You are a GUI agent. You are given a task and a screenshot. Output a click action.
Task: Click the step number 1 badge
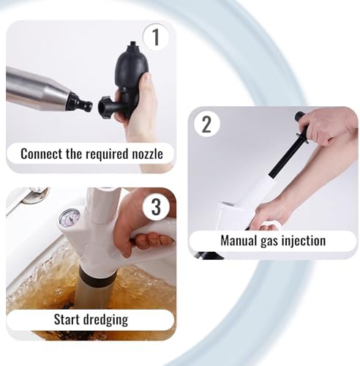click(x=156, y=37)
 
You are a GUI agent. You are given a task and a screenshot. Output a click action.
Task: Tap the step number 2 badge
click(x=207, y=124)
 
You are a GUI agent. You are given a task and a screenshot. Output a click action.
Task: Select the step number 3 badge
click(x=156, y=207)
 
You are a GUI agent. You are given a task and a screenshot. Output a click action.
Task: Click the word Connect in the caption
click(x=41, y=154)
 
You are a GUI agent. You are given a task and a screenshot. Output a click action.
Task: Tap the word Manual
click(x=239, y=240)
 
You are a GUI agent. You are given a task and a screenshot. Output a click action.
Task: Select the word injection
click(x=304, y=241)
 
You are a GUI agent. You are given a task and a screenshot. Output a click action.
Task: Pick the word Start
click(x=67, y=319)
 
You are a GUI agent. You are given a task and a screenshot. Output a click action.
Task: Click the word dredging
click(x=105, y=320)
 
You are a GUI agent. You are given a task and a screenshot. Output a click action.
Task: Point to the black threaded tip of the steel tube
click(x=80, y=103)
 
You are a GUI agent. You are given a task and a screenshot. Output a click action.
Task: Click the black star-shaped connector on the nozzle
click(x=104, y=108)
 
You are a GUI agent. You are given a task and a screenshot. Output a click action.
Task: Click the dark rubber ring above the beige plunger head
click(x=96, y=276)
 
